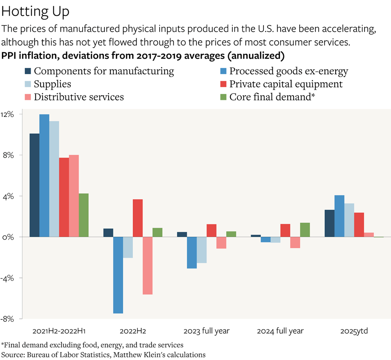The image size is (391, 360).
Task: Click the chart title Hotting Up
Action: (36, 12)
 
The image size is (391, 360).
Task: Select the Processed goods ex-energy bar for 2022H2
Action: (118, 275)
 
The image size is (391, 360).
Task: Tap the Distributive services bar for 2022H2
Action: (148, 266)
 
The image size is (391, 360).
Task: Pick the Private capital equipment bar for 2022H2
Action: (138, 218)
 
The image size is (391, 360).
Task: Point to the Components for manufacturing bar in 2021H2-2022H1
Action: (34, 185)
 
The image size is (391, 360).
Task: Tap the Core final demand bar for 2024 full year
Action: (305, 230)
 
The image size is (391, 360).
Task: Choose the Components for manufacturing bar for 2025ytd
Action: (329, 223)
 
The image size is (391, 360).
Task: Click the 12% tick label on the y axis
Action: (8, 114)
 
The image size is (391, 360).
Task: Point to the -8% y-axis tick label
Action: (8, 319)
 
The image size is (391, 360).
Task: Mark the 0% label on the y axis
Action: (9, 237)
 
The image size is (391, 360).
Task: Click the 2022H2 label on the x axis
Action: (133, 331)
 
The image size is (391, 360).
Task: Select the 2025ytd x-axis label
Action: (354, 331)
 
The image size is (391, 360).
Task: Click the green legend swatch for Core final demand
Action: (223, 97)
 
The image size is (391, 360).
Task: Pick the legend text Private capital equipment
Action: (286, 84)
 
